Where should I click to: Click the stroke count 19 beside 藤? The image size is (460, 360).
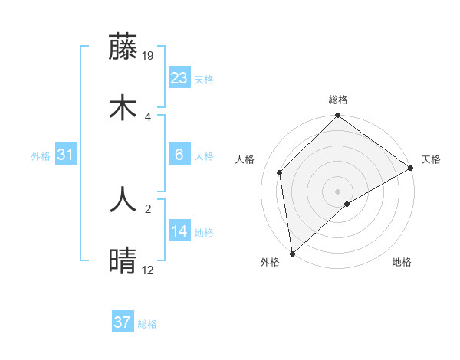coord(149,55)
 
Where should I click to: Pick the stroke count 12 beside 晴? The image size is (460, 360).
coord(148,270)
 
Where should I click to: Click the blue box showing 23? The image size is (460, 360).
coord(179,78)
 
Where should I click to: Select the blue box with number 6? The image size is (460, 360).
coord(179,155)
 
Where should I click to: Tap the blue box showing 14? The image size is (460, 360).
coord(179,231)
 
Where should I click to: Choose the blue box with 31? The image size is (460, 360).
coord(66,155)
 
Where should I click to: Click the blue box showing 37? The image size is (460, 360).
coord(123,322)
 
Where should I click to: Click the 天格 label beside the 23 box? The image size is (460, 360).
coord(204,80)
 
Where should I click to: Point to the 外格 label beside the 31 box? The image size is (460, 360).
coord(41,156)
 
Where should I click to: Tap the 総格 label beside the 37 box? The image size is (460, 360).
coord(147,324)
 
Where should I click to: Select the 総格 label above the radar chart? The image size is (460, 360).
coord(338,100)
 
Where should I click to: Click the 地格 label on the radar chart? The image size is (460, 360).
coord(402,263)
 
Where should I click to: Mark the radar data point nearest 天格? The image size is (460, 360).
coord(410,169)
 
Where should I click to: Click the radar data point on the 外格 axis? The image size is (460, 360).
coord(292,253)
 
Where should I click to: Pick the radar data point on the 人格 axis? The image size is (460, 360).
coord(280,172)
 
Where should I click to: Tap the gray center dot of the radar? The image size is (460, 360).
coord(337,191)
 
